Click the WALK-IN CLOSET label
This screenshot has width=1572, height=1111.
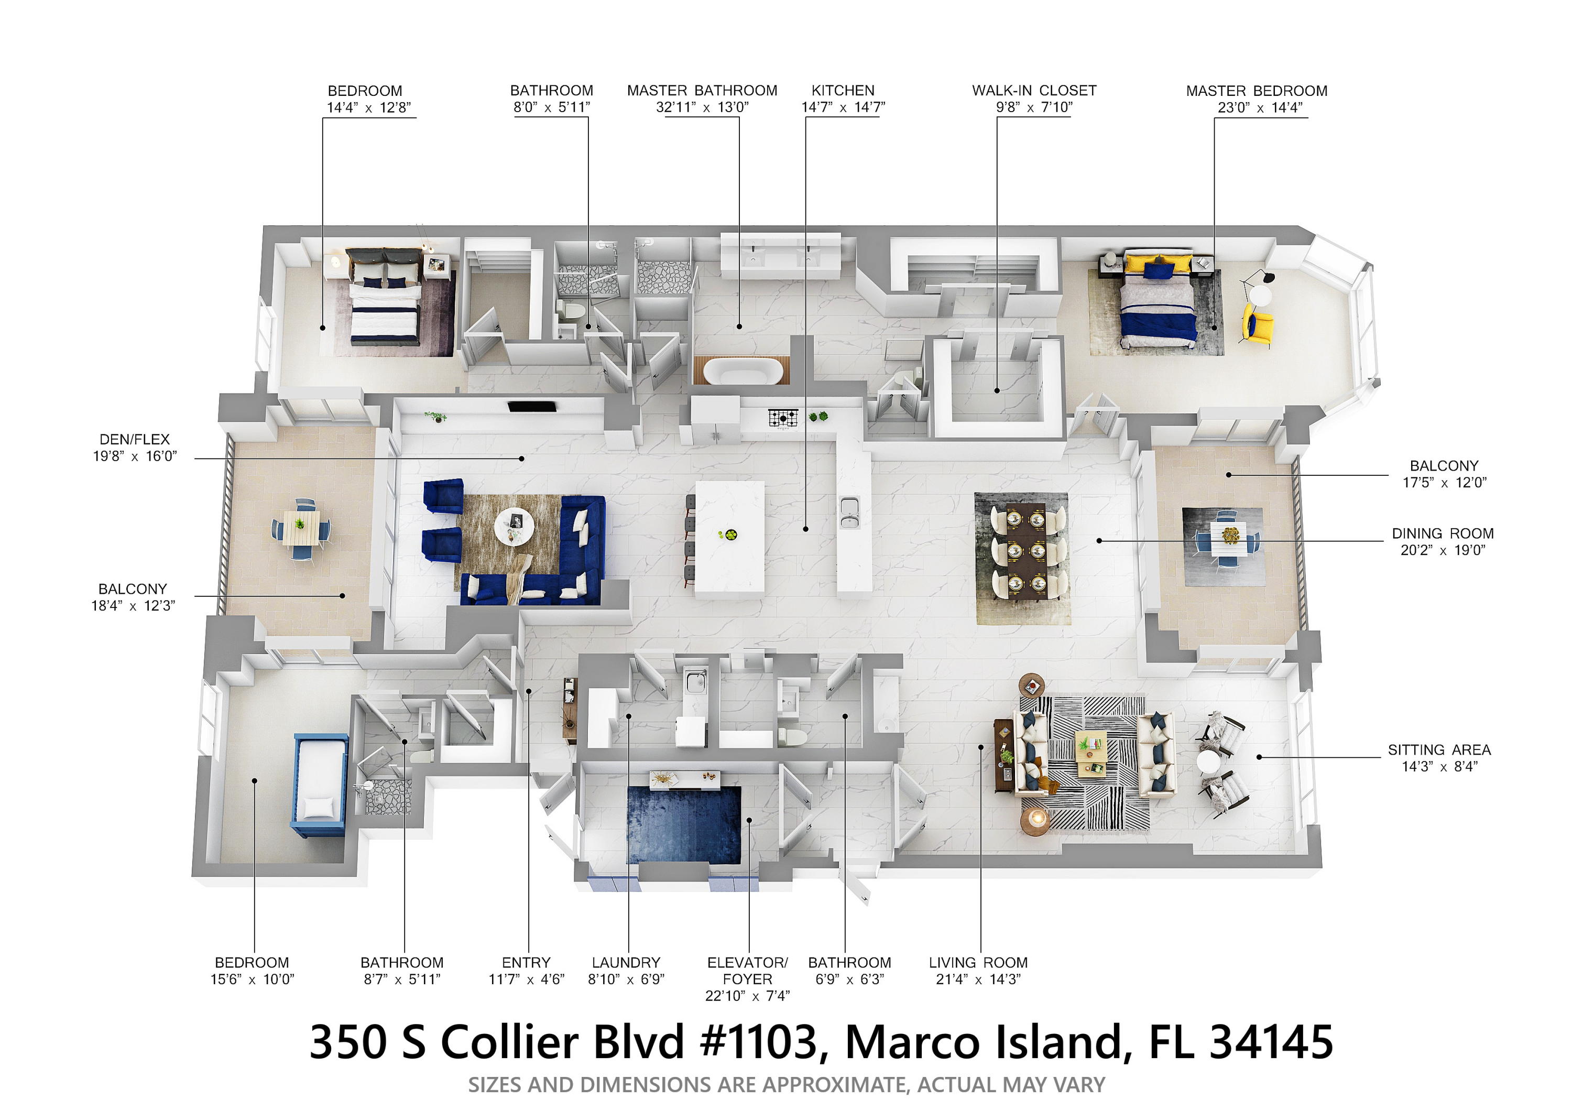coord(1034,90)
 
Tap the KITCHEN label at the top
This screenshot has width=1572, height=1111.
coord(843,90)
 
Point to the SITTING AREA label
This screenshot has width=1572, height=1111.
coord(1439,749)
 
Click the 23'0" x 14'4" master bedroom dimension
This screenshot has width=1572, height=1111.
coord(1260,107)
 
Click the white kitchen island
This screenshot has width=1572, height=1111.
coord(730,539)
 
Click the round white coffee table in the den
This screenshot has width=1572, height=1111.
coord(514,526)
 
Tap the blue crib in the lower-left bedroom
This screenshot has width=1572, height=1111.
coord(319,785)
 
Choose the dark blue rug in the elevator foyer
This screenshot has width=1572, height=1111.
coord(684,825)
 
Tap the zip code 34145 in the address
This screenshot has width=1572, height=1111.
coord(1271,1042)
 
